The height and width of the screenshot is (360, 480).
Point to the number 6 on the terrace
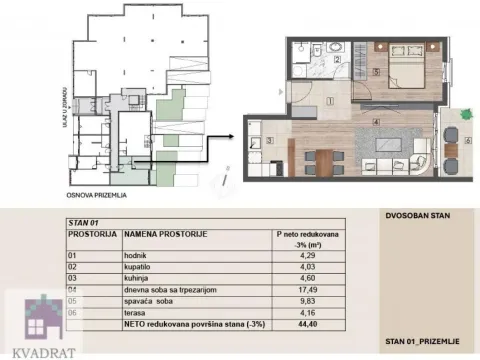click(466, 140)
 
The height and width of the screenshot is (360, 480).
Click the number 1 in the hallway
click(330, 100)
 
